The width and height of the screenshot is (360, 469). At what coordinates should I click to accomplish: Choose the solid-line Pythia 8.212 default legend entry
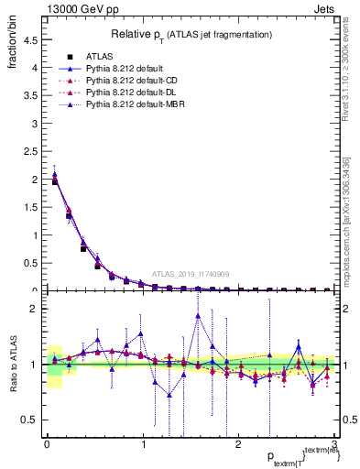[x=119, y=68]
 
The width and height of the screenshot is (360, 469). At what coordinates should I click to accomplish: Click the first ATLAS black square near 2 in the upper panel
[x=55, y=181]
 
